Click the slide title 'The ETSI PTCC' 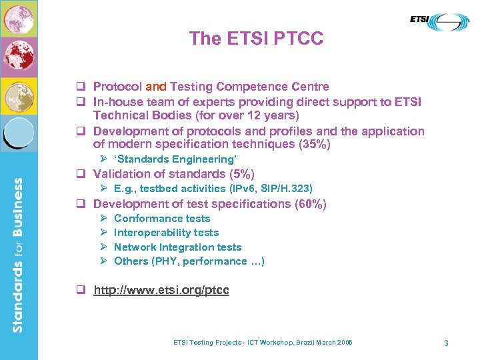[x=256, y=39]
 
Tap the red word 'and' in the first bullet [x=156, y=87]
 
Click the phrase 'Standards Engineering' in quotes [x=175, y=159]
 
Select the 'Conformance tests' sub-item [x=162, y=219]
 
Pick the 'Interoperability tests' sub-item [x=166, y=233]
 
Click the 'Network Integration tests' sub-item [x=177, y=247]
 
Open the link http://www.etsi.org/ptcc [x=161, y=291]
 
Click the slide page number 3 [x=446, y=343]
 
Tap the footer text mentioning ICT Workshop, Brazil [x=262, y=343]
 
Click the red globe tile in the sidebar [x=18, y=57]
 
